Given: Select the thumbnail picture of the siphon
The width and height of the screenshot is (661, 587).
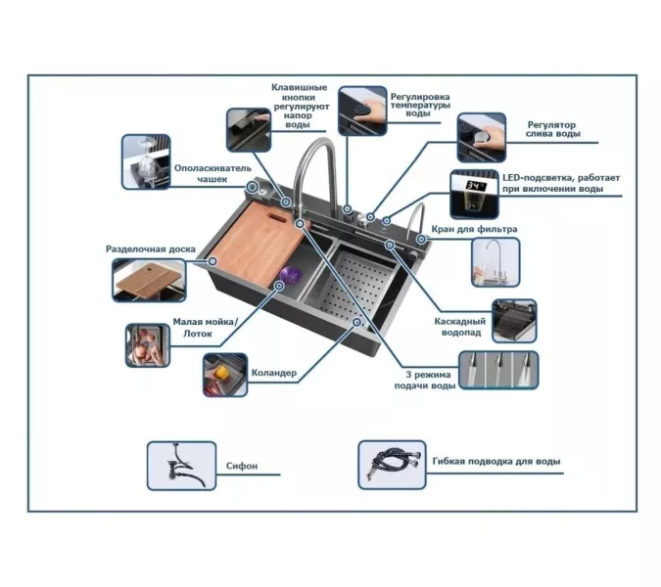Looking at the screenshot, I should click(181, 465).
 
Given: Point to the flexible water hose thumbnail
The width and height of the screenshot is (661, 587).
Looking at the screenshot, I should click(392, 464).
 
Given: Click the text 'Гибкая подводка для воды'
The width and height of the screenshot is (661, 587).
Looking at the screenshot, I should click(496, 461).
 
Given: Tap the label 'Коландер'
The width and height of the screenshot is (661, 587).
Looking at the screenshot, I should click(273, 373).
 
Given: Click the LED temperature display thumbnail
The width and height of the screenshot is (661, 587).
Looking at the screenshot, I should click(476, 190).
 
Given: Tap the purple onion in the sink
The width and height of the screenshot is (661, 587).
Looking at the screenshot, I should click(291, 275).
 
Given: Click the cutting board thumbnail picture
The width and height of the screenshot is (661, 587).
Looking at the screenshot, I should click(148, 279).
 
